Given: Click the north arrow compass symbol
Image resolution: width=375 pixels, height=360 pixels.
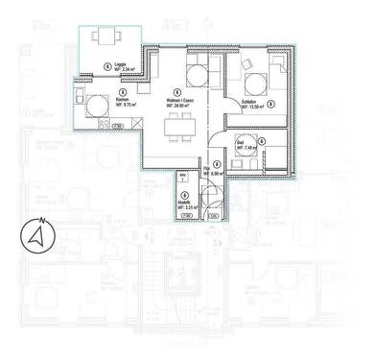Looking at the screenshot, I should tap(37, 233).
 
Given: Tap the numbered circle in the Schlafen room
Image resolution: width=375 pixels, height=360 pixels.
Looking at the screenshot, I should tap(271, 104).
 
